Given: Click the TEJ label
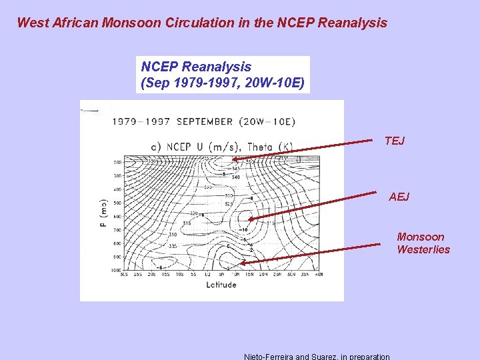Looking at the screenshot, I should point(394,141).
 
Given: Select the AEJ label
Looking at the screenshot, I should point(399,196).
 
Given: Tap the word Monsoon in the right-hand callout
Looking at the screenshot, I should point(420,237).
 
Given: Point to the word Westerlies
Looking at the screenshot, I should point(423,249).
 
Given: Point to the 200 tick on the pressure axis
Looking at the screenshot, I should point(117,163).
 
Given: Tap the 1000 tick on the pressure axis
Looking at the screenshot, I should point(117,270).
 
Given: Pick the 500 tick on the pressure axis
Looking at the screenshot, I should point(117,203).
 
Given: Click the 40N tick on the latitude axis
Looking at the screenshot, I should point(319,275).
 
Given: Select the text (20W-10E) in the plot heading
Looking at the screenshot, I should point(266,122).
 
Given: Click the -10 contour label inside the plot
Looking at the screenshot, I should point(243,229).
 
